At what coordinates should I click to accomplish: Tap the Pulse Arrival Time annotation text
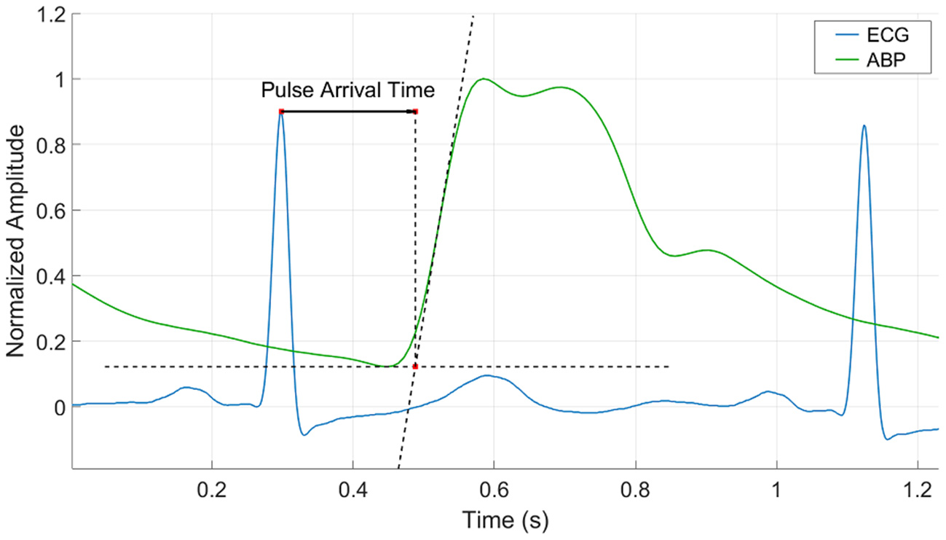tap(348, 90)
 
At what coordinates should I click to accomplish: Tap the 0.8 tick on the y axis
tap(51, 144)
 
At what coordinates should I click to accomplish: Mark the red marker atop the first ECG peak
tap(281, 111)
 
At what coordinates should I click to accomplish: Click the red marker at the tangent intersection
tap(415, 366)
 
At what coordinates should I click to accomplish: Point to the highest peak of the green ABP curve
tap(482, 79)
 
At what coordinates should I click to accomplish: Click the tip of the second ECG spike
tap(864, 126)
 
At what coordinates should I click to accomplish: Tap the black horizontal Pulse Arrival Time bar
tap(348, 111)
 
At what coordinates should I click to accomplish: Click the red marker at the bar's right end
tap(415, 111)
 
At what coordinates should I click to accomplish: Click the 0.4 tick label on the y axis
tap(51, 275)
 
